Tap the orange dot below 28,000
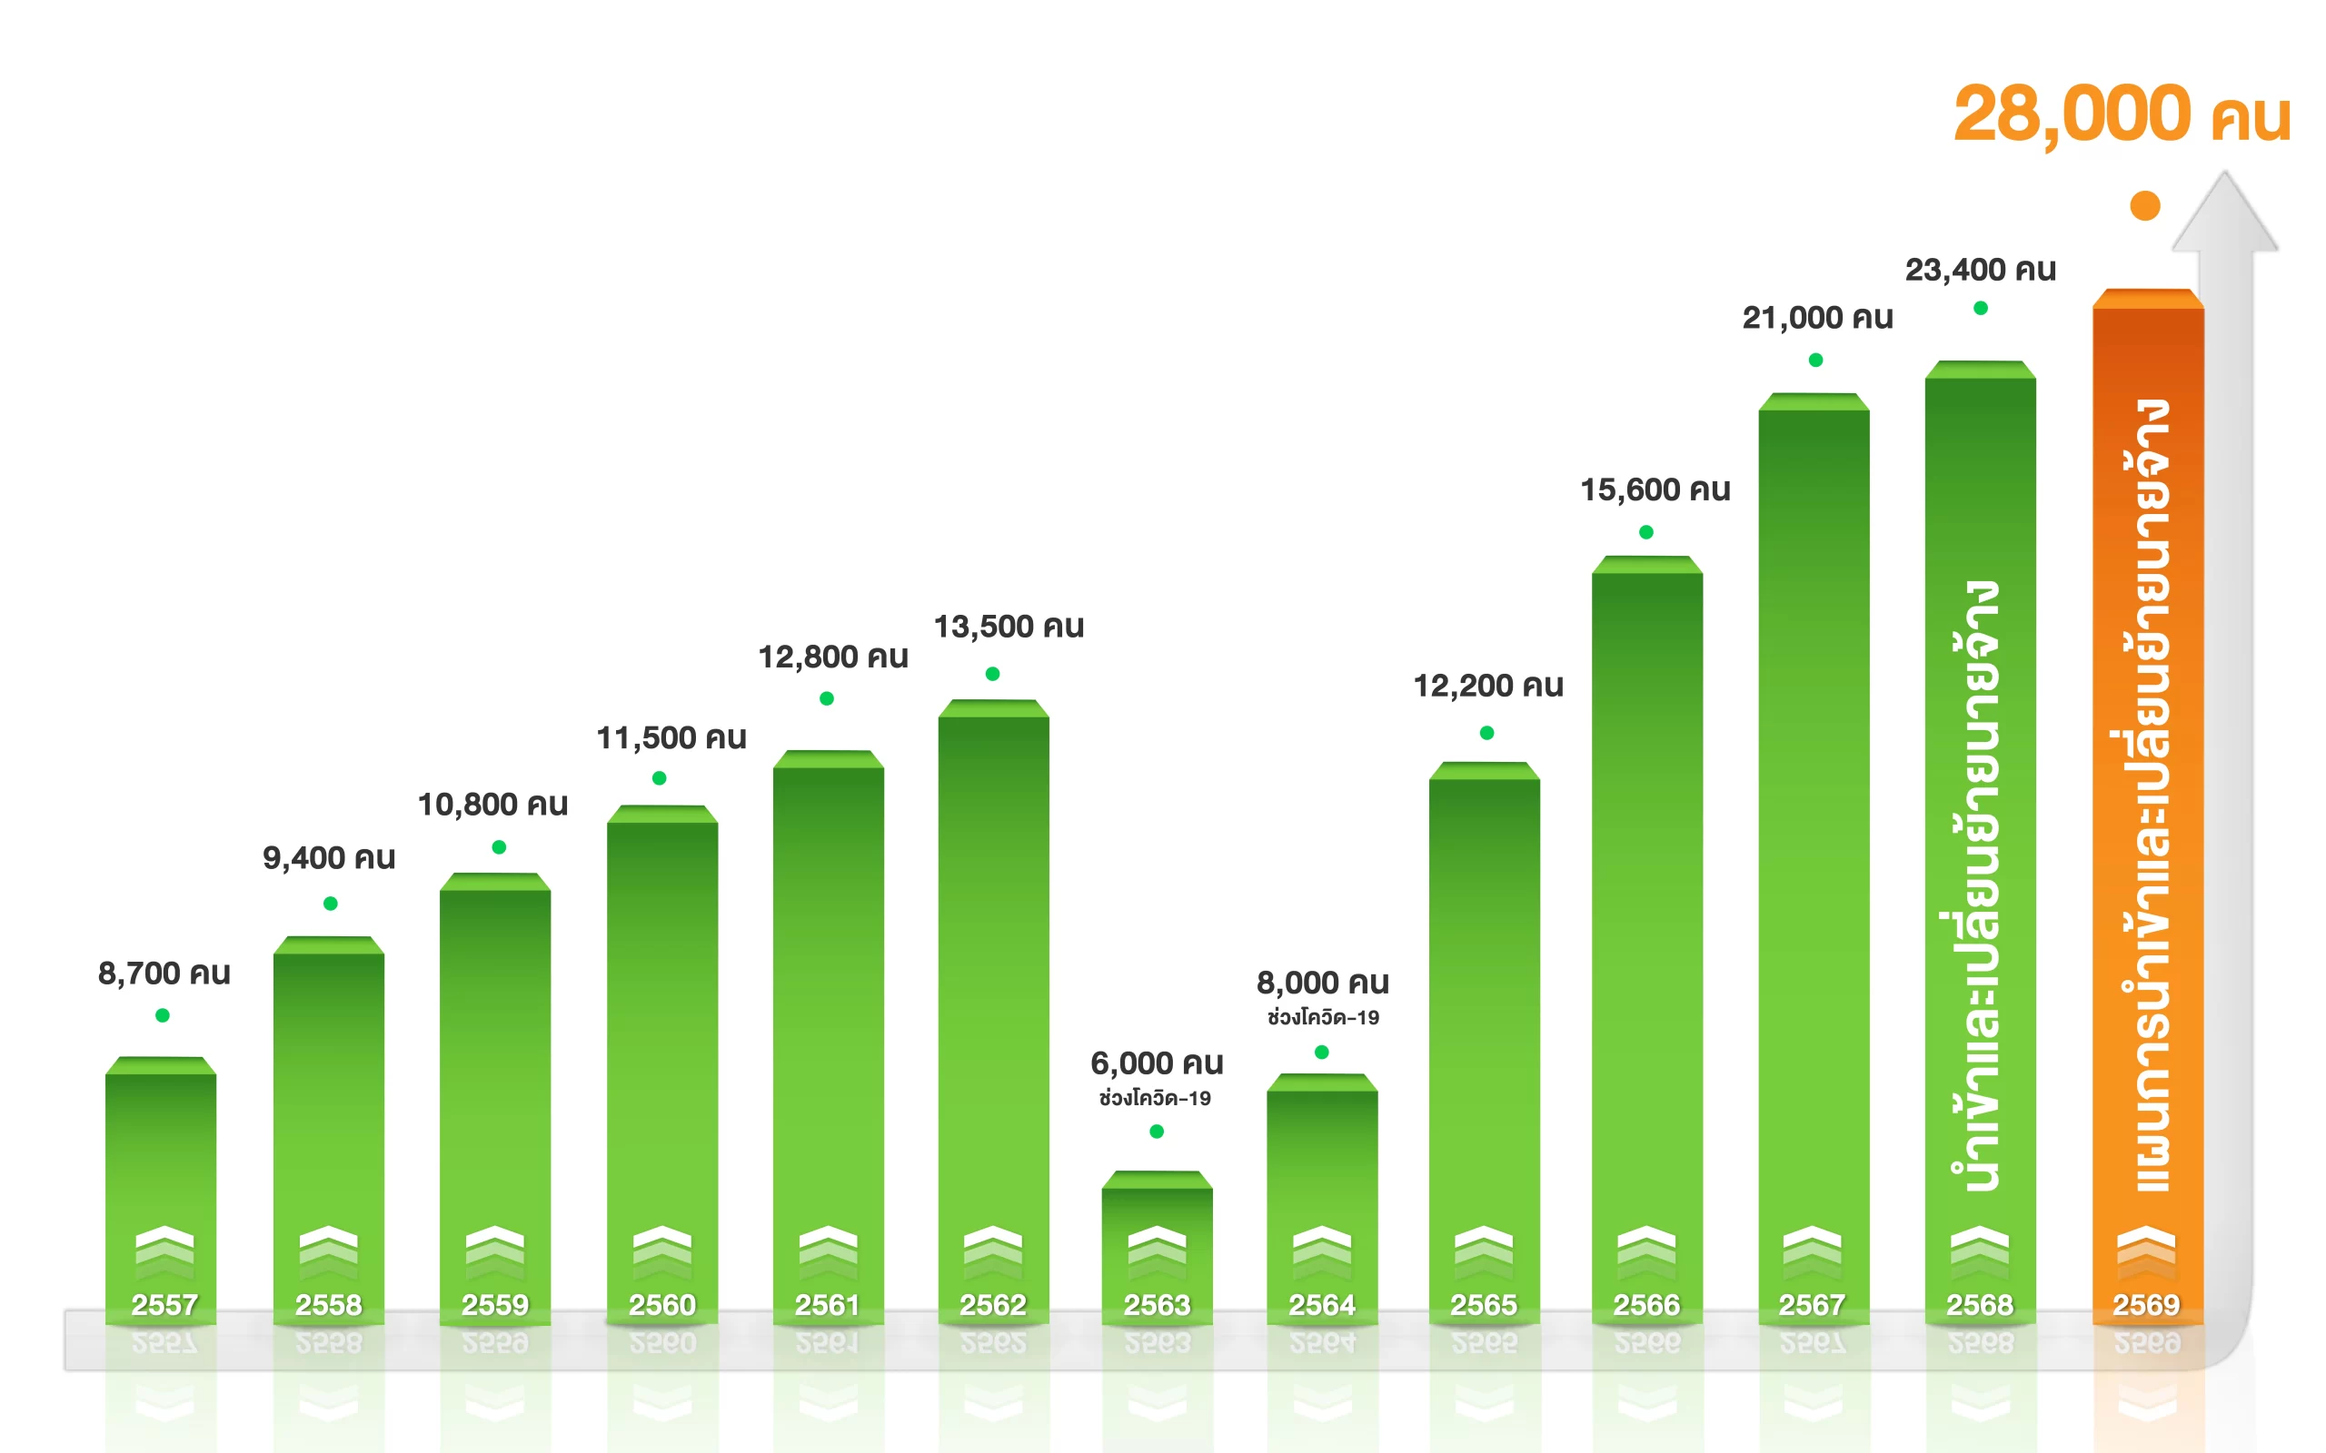tap(2145, 205)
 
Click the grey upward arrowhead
tap(2224, 216)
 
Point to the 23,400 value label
tap(1980, 270)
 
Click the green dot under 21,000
tap(1815, 361)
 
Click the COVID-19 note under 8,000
tap(1323, 1018)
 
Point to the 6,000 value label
tap(1157, 1063)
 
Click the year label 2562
tap(993, 1305)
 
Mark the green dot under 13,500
tap(993, 674)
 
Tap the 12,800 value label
tap(832, 657)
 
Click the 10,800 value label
tap(492, 805)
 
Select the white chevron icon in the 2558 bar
tap(329, 1245)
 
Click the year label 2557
tap(164, 1305)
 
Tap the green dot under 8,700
tap(163, 1016)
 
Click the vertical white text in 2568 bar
tap(1980, 885)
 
